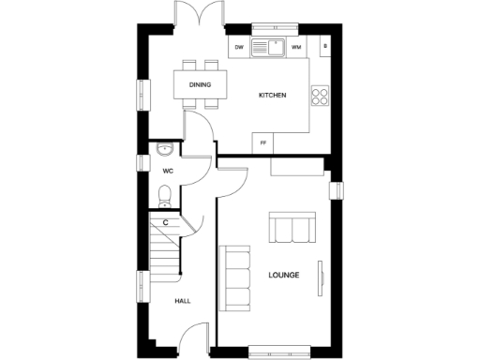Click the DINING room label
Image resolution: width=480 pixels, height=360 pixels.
click(200, 85)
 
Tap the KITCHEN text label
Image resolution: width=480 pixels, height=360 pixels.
click(272, 96)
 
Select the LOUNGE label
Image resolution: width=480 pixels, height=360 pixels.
click(283, 275)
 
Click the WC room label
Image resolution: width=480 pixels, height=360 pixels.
click(168, 171)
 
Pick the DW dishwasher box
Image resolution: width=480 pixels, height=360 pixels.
click(239, 47)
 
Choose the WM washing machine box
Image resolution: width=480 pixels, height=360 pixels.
click(296, 47)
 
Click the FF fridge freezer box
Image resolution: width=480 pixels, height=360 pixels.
click(263, 142)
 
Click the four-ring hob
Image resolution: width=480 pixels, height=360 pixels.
click(321, 95)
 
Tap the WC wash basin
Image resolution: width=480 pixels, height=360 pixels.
click(164, 149)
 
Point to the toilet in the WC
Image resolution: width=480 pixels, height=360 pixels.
click(165, 195)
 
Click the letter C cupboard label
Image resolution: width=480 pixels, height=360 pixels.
click(165, 222)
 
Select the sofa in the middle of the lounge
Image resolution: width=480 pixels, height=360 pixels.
click(292, 228)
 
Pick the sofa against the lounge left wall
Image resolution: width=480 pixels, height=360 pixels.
click(234, 277)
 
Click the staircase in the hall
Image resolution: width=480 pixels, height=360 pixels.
click(165, 248)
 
